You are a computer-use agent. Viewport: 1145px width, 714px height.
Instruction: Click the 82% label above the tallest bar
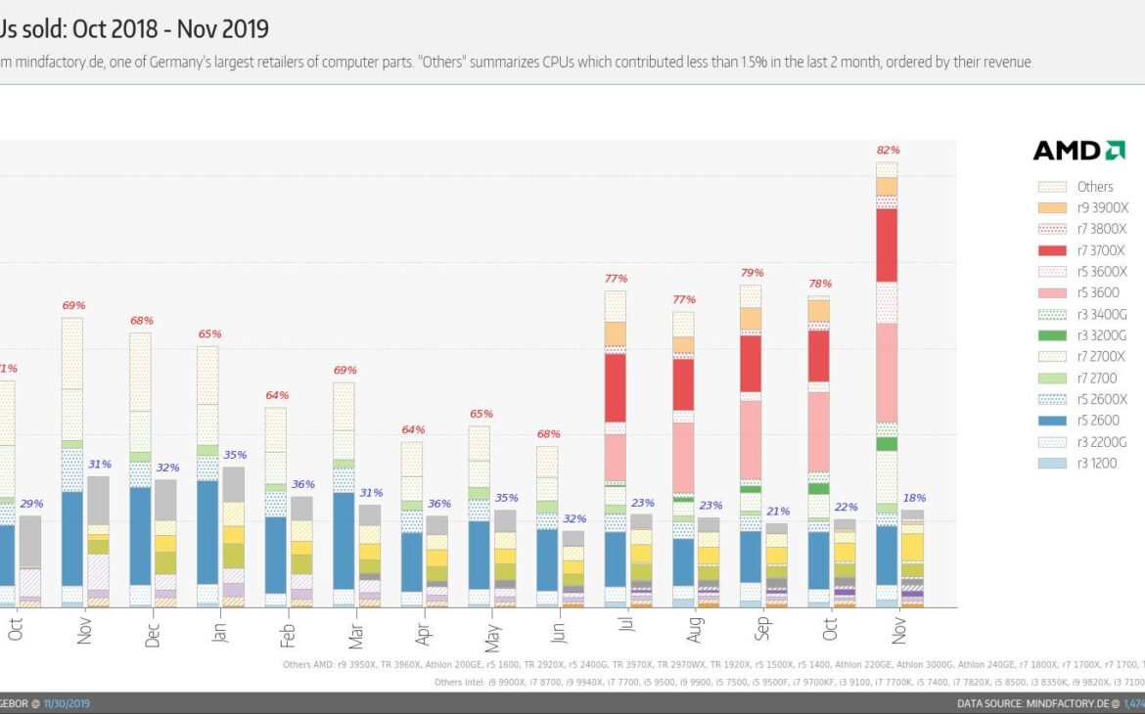(x=888, y=151)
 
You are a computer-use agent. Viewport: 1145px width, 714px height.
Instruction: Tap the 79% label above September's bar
(x=752, y=273)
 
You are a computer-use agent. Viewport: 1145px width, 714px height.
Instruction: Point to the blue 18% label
(x=914, y=498)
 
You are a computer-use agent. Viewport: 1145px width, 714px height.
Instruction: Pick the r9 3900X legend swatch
(x=1051, y=207)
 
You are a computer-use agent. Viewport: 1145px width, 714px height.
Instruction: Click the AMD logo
(x=1078, y=151)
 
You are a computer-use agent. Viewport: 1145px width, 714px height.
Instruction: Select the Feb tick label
(x=288, y=635)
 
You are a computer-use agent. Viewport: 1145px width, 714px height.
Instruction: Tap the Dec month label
(x=152, y=635)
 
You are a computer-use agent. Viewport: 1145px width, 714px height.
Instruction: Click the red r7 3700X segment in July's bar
(x=616, y=387)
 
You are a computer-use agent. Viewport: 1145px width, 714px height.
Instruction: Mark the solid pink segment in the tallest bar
(x=887, y=373)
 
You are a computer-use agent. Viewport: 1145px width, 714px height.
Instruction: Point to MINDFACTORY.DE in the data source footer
(x=1068, y=703)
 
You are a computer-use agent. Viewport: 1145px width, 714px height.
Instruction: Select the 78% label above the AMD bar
(x=819, y=285)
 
